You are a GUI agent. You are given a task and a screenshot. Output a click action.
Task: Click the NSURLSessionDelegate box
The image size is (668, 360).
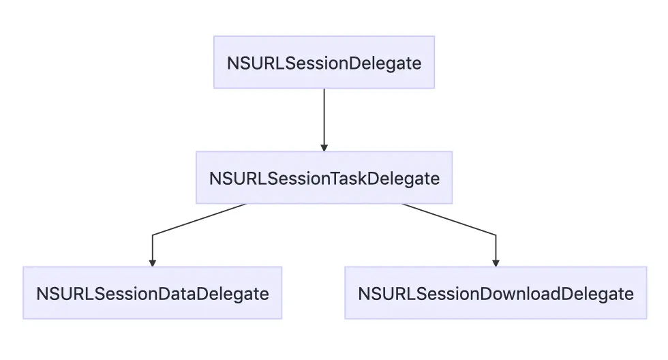(x=324, y=62)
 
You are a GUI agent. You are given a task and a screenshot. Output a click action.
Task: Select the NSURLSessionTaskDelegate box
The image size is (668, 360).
(x=324, y=178)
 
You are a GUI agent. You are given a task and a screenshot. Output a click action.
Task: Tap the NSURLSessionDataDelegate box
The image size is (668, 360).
(x=153, y=293)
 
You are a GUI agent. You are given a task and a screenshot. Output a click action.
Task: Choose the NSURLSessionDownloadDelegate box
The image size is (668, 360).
(x=496, y=293)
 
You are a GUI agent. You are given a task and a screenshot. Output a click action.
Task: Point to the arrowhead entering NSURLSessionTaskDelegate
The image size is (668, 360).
(x=324, y=147)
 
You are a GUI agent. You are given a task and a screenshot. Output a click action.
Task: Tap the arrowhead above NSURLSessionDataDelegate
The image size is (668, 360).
(x=153, y=262)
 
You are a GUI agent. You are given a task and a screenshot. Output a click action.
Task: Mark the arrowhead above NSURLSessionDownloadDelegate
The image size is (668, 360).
(x=496, y=262)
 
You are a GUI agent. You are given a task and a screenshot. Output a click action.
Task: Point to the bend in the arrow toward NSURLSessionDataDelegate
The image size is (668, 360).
(x=153, y=235)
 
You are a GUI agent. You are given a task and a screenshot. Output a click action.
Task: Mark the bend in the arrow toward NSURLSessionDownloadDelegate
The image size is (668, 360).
(x=496, y=235)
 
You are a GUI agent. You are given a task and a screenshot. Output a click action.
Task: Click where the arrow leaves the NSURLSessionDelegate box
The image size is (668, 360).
(x=324, y=89)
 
